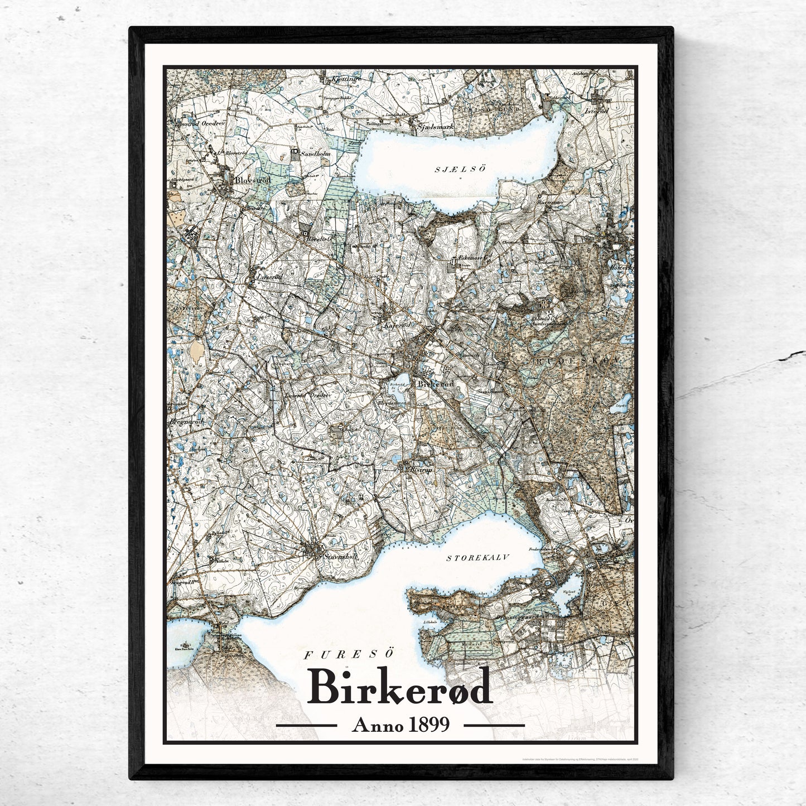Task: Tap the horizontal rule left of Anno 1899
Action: [306, 725]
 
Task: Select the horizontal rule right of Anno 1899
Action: [494, 725]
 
